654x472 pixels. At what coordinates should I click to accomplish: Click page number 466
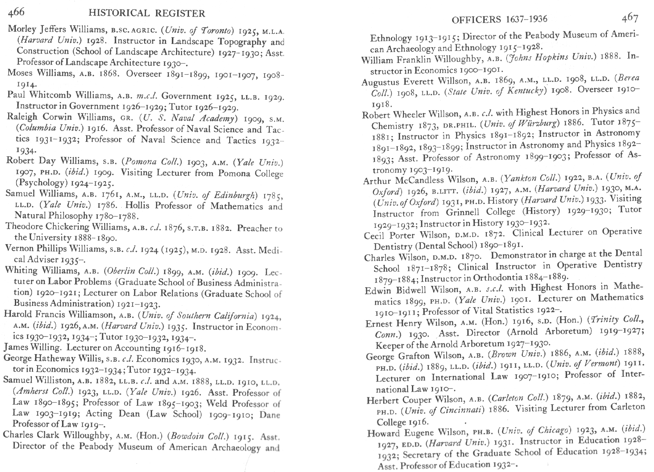(16, 12)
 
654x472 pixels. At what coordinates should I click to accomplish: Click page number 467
(630, 18)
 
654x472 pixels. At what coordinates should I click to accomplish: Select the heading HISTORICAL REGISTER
(147, 14)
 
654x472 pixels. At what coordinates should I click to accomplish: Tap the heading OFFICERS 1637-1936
(499, 19)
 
